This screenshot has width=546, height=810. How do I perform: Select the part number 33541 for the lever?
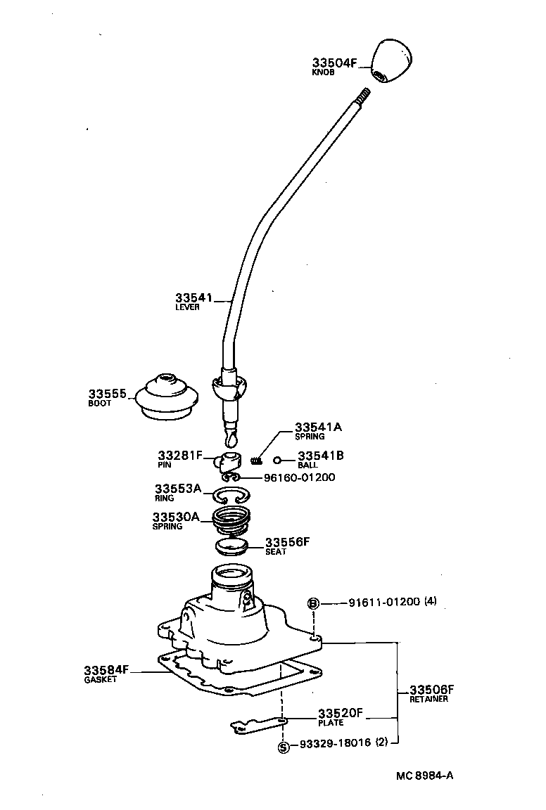coord(193,298)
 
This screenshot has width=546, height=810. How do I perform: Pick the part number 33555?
coord(107,394)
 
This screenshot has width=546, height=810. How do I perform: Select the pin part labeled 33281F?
coord(227,461)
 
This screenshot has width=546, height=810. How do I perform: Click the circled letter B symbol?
coord(313,603)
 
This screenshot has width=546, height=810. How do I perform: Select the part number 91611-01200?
coord(384,603)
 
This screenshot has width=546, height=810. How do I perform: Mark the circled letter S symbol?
coord(283,747)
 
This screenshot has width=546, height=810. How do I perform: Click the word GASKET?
coord(100,680)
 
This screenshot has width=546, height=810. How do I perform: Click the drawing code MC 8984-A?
coord(424,776)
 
